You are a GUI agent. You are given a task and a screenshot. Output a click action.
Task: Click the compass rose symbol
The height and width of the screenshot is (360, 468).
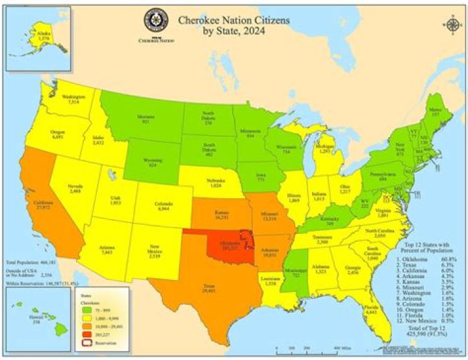452,25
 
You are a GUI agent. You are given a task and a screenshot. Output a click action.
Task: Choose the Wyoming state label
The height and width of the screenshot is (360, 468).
154,163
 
